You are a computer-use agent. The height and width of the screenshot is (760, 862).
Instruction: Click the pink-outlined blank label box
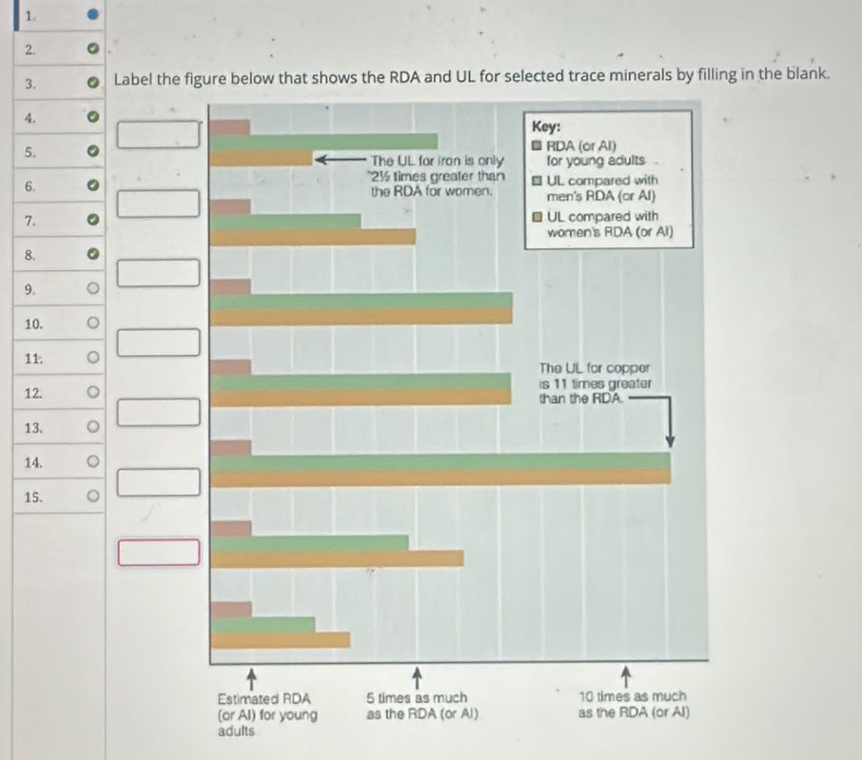coord(160,552)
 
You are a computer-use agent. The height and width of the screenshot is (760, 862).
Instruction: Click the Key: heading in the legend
coord(548,127)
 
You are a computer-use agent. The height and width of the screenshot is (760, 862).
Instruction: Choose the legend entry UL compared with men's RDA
coord(600,187)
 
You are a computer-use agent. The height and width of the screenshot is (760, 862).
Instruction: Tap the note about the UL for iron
coord(433,175)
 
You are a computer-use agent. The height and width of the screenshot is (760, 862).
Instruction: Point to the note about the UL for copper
coord(594,382)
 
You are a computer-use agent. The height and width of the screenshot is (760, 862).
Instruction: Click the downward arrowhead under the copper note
coord(670,440)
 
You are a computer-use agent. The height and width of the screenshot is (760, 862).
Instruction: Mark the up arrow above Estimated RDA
coord(251,676)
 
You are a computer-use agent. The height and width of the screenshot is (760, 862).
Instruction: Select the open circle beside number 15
coord(92,496)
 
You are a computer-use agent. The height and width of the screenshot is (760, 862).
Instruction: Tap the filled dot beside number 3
coord(92,83)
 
